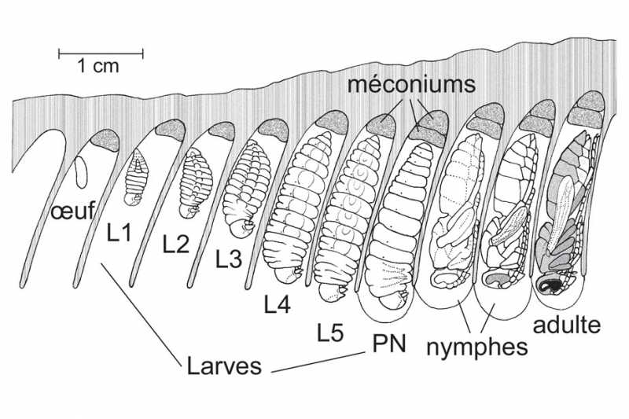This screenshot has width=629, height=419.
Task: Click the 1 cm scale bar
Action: coord(101,53)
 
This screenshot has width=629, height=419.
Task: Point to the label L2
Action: coord(176,244)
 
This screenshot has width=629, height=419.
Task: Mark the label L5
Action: coord(331,333)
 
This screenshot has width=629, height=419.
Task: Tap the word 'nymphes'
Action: coord(476,346)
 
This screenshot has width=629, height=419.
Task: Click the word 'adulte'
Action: coord(566,324)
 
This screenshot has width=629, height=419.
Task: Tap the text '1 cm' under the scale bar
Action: coord(98,66)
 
